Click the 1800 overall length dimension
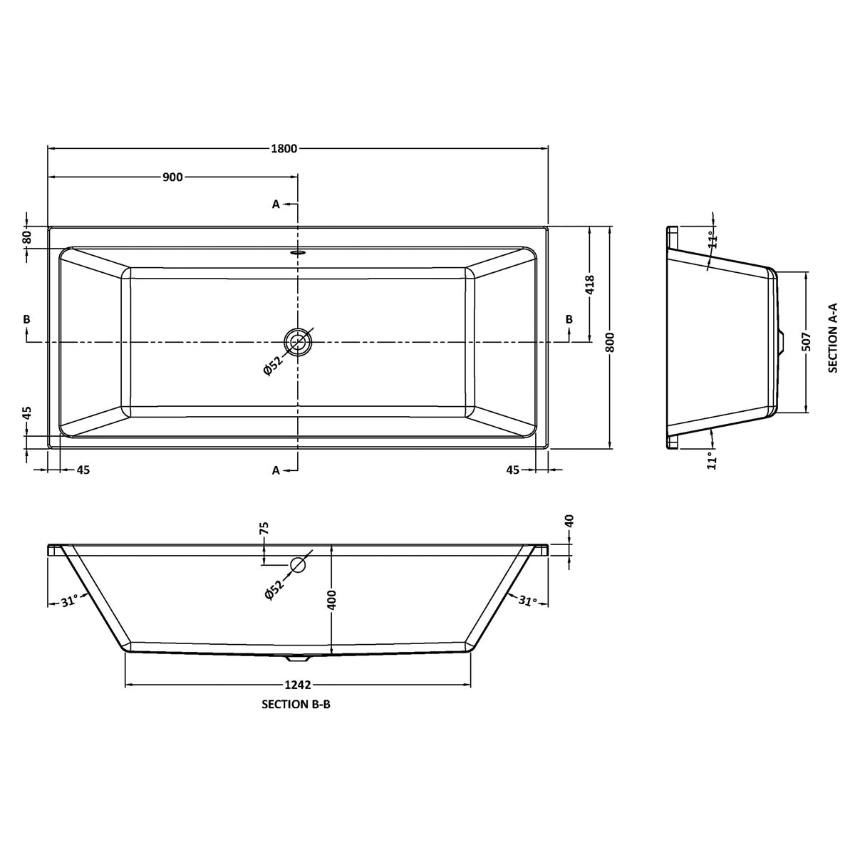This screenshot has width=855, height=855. coord(284,149)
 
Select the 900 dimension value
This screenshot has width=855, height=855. coord(172,177)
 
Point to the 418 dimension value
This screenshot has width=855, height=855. coord(590,286)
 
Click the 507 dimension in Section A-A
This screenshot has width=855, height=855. coord(806,342)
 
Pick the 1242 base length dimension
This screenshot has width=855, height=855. coord(298,685)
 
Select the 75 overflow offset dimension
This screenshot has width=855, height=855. coord(264,528)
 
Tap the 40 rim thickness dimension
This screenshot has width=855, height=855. coord(570,520)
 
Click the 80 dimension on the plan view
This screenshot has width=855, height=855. coord(26,237)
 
